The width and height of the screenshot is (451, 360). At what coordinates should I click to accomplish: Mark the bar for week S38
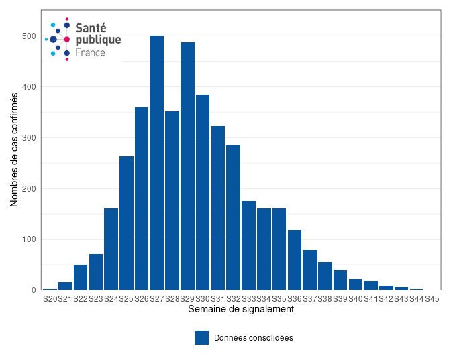325,276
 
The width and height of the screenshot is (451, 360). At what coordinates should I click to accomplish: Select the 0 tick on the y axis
33,290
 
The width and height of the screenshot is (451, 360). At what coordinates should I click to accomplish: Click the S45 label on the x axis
432,299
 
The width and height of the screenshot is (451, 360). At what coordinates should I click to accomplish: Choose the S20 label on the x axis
50,299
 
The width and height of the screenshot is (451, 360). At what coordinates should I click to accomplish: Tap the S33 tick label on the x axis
248,299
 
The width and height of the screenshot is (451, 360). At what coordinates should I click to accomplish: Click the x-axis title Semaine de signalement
240,310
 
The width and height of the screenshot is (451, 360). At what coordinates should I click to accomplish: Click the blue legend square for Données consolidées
201,337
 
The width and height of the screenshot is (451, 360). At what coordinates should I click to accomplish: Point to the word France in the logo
90,52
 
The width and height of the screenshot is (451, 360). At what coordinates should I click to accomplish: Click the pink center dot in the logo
66,40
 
